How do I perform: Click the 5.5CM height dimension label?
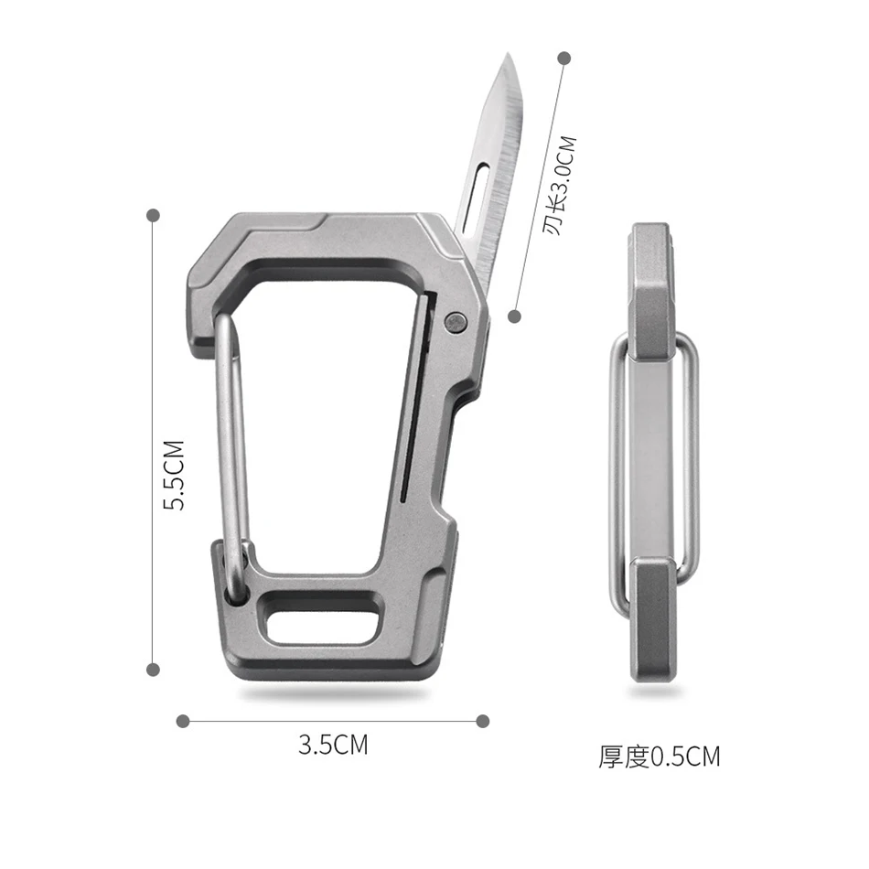click(x=174, y=475)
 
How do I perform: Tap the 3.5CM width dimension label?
click(x=333, y=745)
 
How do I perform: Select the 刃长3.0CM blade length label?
click(x=560, y=186)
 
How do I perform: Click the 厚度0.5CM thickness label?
click(x=659, y=756)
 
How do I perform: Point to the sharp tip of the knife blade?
click(x=508, y=53)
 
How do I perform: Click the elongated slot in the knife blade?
click(x=476, y=195)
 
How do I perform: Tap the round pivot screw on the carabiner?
click(x=456, y=323)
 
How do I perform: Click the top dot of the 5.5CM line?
click(x=153, y=215)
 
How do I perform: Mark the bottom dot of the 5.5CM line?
click(x=153, y=670)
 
